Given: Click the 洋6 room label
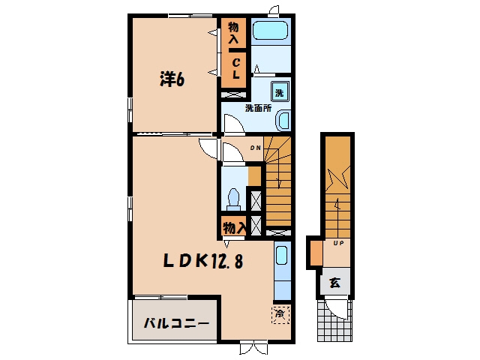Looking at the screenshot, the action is coord(172,79).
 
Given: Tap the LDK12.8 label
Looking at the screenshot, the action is coord(203,261).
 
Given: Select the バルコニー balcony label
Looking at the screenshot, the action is coord(177,323).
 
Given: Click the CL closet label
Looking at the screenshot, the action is coord(235,68).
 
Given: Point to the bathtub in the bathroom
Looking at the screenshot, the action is coord(271,30).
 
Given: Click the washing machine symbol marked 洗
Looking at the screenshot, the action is coord(280,91).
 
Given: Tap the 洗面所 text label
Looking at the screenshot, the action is coord(258,108).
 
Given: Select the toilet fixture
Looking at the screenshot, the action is coord(234,199).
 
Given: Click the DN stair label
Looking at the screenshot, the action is coord(256,148).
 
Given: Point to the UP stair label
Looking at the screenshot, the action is coord(338,243).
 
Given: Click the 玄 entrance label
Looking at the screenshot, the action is coord(335,283).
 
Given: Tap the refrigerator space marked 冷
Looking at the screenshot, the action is coord(280,314).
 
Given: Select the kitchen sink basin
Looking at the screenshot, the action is coord(281,255).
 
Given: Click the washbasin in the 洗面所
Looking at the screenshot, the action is coord(283,120).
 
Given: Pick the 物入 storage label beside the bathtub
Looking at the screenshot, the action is coord(233,33).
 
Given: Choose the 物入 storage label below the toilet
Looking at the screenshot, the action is coord(234,228).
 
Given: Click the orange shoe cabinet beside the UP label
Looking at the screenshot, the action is coord(316,253).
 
